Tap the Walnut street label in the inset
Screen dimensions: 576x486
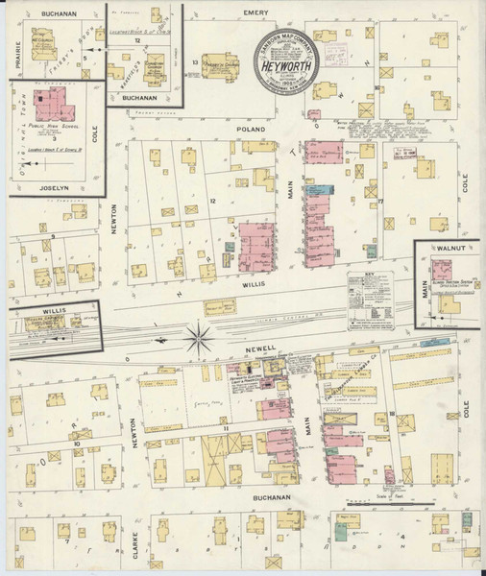449,247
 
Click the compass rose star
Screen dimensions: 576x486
200,338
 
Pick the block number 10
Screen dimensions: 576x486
75,444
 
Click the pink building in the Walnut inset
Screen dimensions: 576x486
441,271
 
